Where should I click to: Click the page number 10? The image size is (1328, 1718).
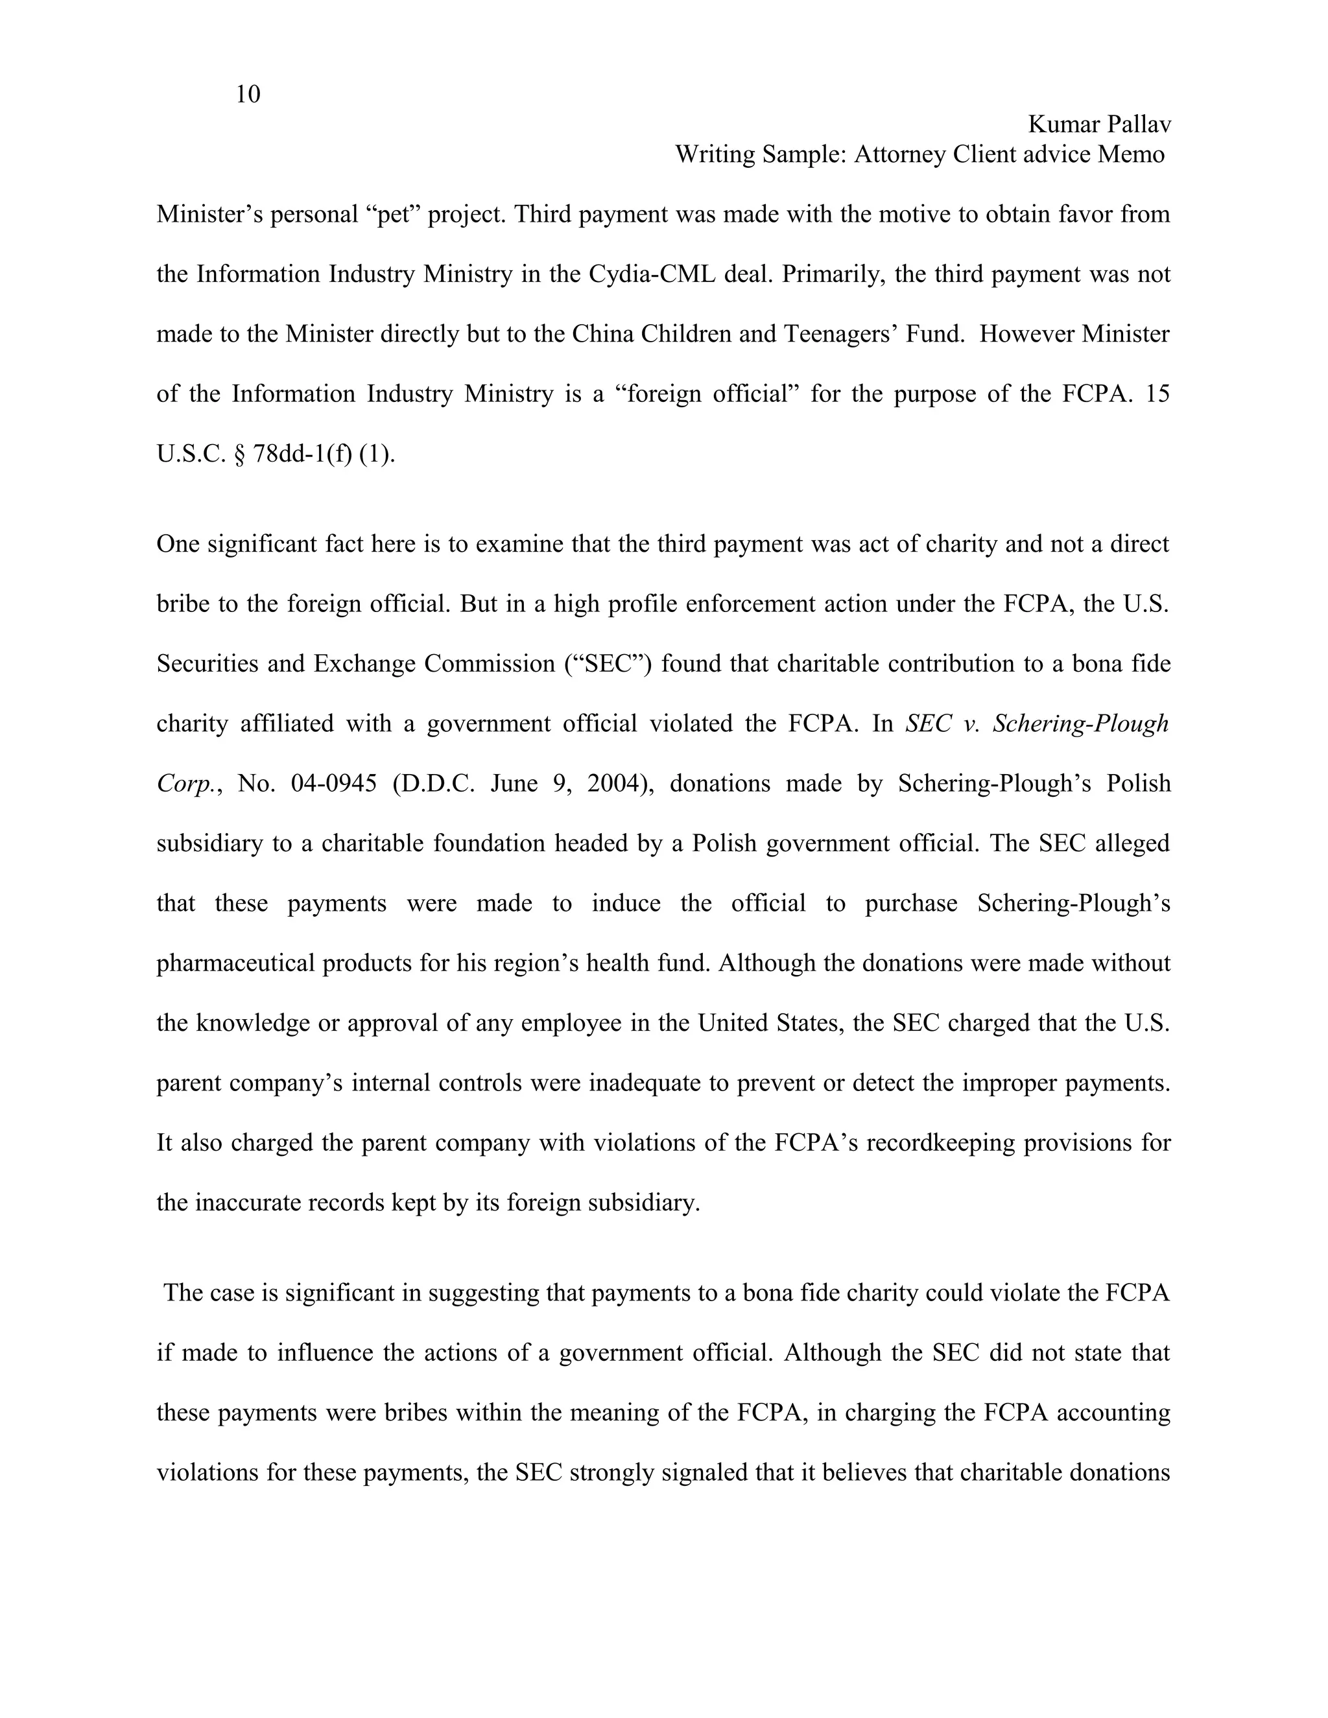click(247, 95)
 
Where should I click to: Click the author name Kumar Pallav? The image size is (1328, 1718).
click(1099, 124)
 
